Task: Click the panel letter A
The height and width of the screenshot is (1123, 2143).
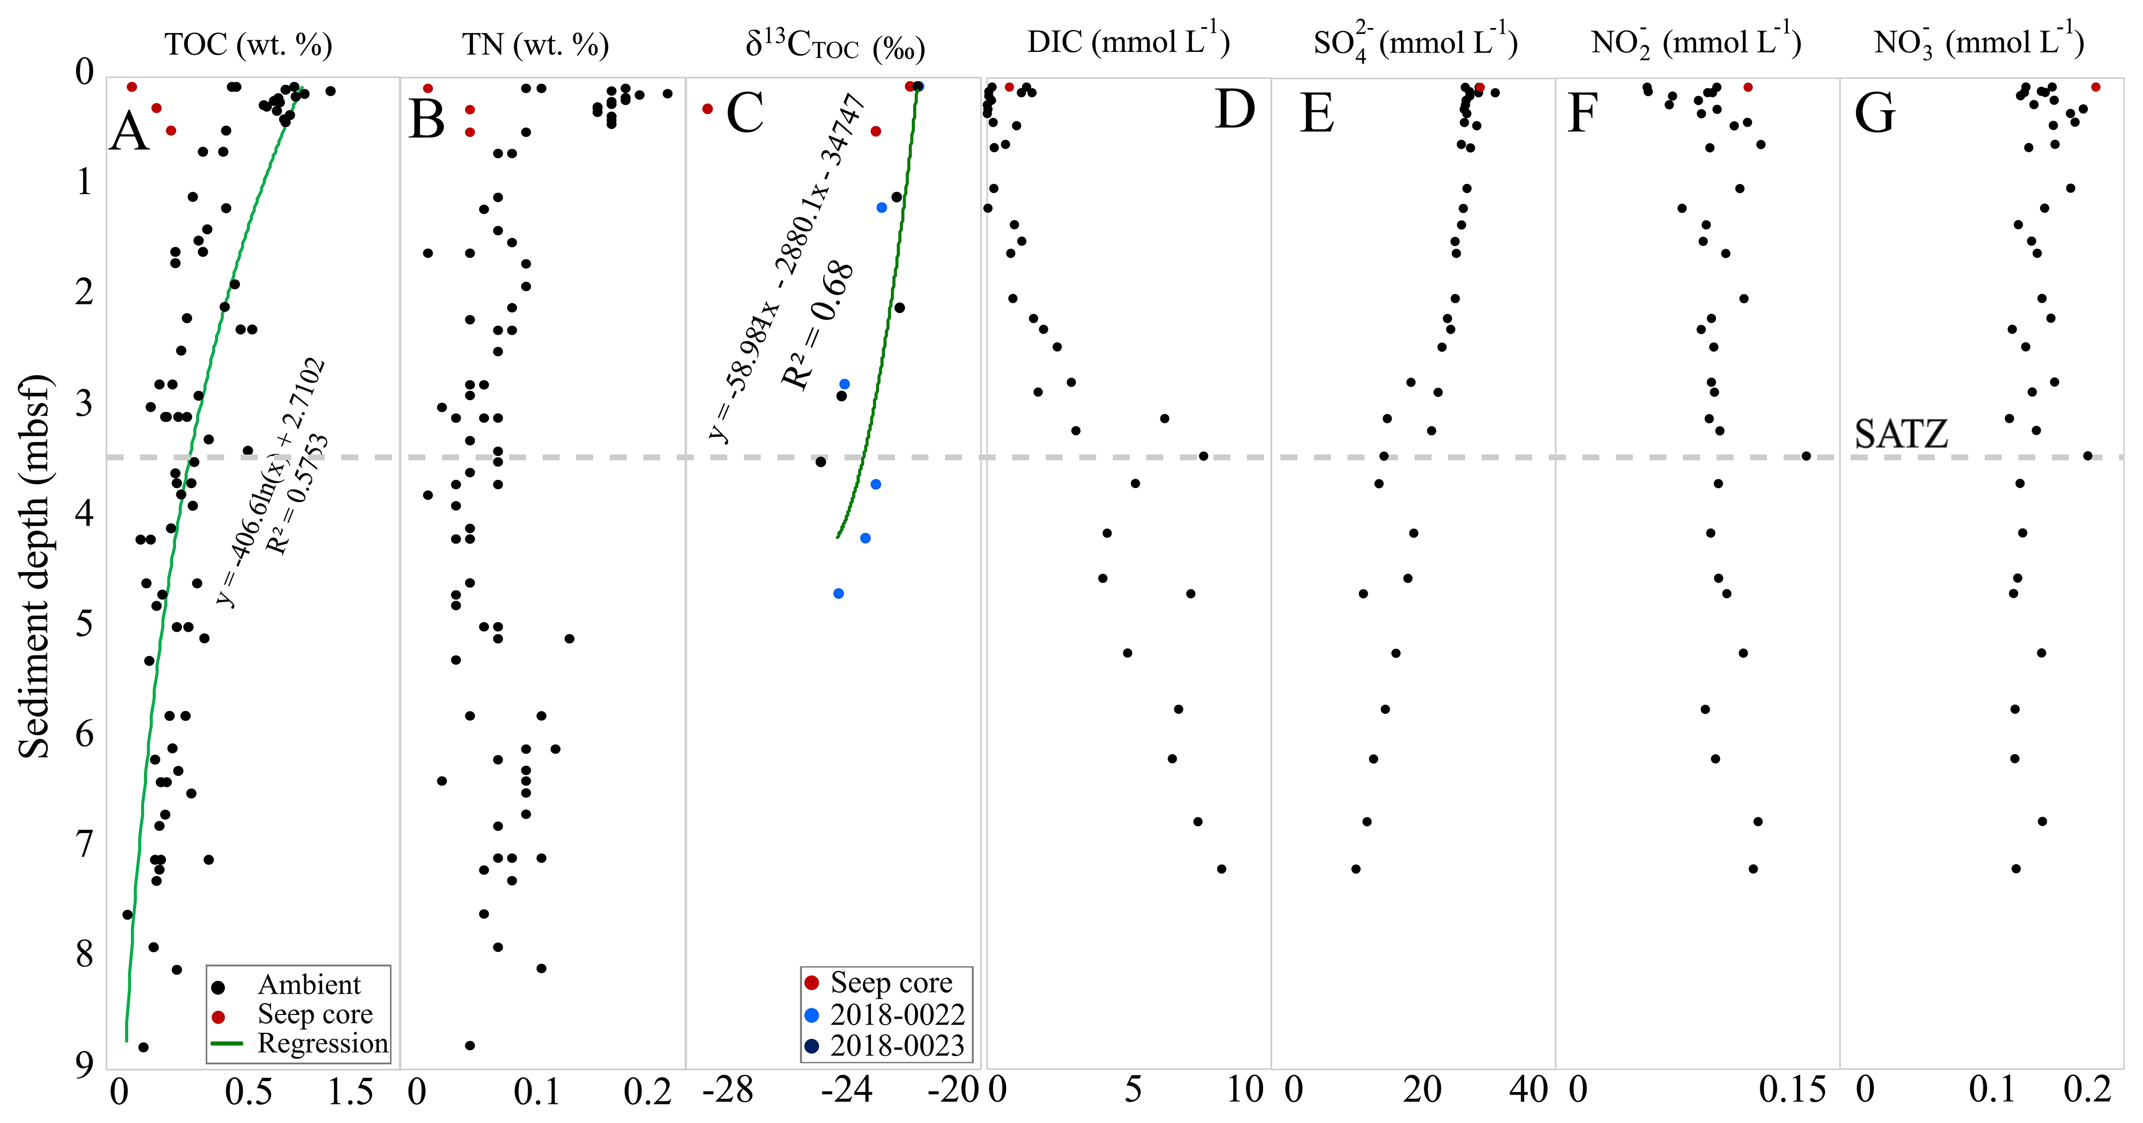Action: pyautogui.click(x=130, y=131)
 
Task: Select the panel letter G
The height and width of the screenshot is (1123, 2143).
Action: pyautogui.click(x=1874, y=114)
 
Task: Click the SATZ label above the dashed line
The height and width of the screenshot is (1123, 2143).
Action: pyautogui.click(x=1901, y=434)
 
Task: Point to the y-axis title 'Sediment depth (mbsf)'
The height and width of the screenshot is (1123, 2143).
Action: pyautogui.click(x=35, y=566)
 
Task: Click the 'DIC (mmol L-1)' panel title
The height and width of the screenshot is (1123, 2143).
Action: pyautogui.click(x=1128, y=42)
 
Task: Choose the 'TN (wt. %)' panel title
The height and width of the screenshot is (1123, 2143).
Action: pyautogui.click(x=535, y=44)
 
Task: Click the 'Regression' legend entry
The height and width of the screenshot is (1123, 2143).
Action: pyautogui.click(x=322, y=1043)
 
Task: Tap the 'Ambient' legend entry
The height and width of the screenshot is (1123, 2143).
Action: pyautogui.click(x=309, y=985)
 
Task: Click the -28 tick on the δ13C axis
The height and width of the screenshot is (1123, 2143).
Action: pyautogui.click(x=727, y=1090)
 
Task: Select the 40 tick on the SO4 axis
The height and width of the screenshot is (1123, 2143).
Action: pyautogui.click(x=1528, y=1090)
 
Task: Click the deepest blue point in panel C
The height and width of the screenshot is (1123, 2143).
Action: pyautogui.click(x=838, y=593)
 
